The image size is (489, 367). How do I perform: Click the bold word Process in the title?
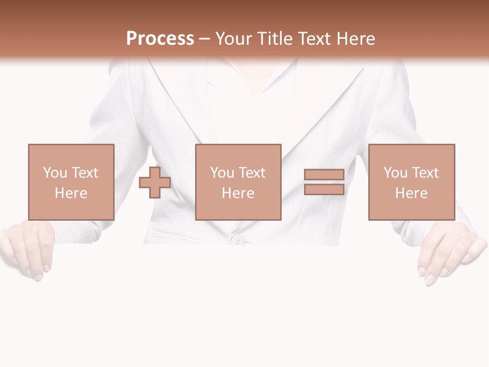coord(160,39)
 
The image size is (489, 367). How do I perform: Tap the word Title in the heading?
coord(276,39)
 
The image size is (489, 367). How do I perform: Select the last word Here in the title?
coord(355,39)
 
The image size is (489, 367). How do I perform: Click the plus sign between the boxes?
coord(155,182)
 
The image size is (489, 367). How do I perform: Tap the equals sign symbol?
coord(324,182)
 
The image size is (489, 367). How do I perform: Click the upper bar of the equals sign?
coord(324,175)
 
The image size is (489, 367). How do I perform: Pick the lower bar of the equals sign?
coord(324,190)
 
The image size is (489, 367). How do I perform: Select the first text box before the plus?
coord(71,182)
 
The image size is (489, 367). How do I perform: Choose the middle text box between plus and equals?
coord(238,182)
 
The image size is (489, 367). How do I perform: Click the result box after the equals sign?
coord(411,182)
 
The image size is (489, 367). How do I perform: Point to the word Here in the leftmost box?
coord(71,193)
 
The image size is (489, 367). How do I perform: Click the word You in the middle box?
coord(222,173)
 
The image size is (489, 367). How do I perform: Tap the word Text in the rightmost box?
coord(425,173)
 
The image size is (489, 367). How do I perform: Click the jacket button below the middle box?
coord(237,239)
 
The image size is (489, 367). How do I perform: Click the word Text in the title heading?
coord(314,39)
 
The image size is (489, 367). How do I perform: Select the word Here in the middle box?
coord(238,193)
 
